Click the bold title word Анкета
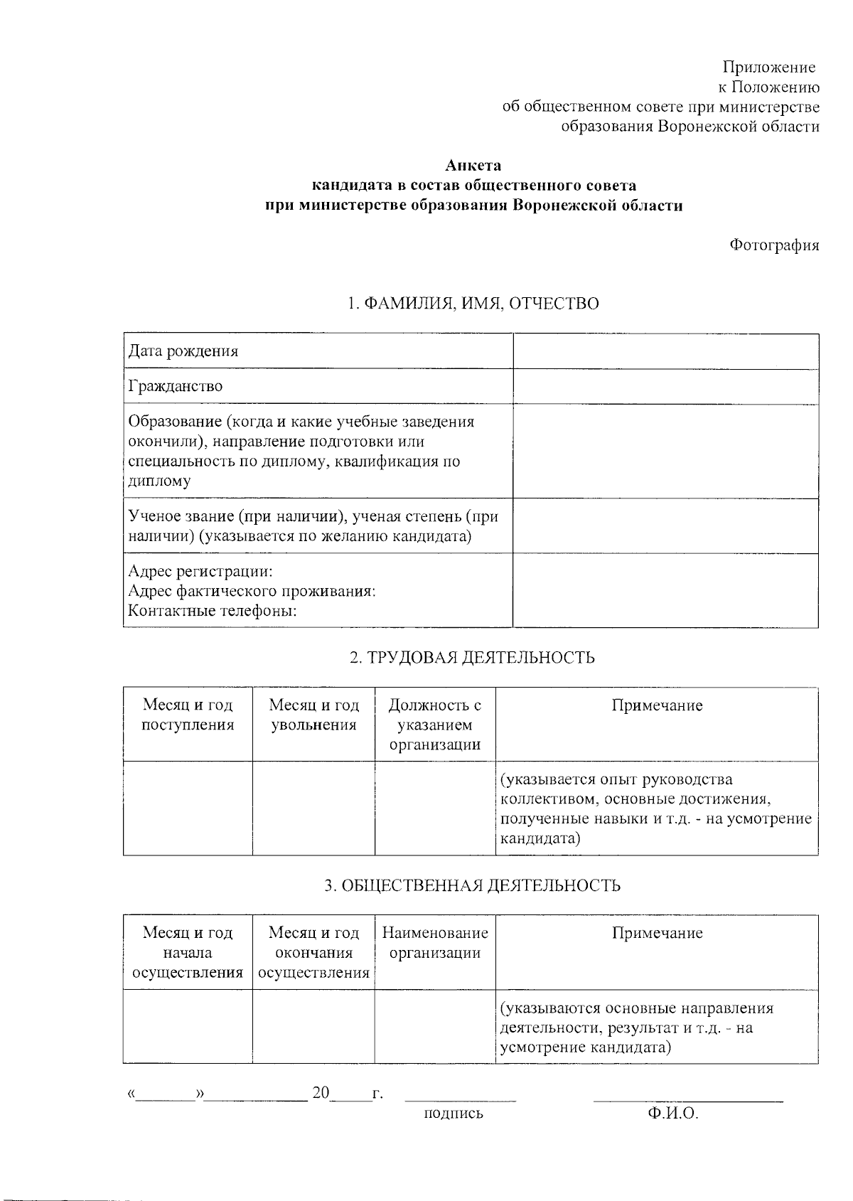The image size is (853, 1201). (473, 166)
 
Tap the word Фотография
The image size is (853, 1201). (774, 245)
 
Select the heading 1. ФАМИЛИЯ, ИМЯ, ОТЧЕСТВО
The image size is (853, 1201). (473, 304)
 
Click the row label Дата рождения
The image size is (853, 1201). (183, 351)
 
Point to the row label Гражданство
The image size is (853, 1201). (176, 386)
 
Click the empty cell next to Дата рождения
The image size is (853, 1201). (665, 351)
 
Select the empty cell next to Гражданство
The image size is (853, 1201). (665, 386)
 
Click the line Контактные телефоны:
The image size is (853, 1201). (213, 611)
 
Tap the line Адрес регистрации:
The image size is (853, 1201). (200, 572)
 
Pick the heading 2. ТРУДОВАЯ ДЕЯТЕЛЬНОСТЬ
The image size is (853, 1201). (472, 657)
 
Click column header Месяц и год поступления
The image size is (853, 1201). (188, 715)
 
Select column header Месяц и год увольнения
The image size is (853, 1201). (313, 715)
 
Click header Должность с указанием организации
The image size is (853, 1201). (435, 725)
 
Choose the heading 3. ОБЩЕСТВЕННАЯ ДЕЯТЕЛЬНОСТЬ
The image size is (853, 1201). (472, 885)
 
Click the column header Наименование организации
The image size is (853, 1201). (435, 943)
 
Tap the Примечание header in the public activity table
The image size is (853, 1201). (657, 933)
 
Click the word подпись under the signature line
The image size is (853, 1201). (453, 1114)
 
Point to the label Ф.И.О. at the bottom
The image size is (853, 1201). (672, 1114)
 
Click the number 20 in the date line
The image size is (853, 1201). (321, 1093)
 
